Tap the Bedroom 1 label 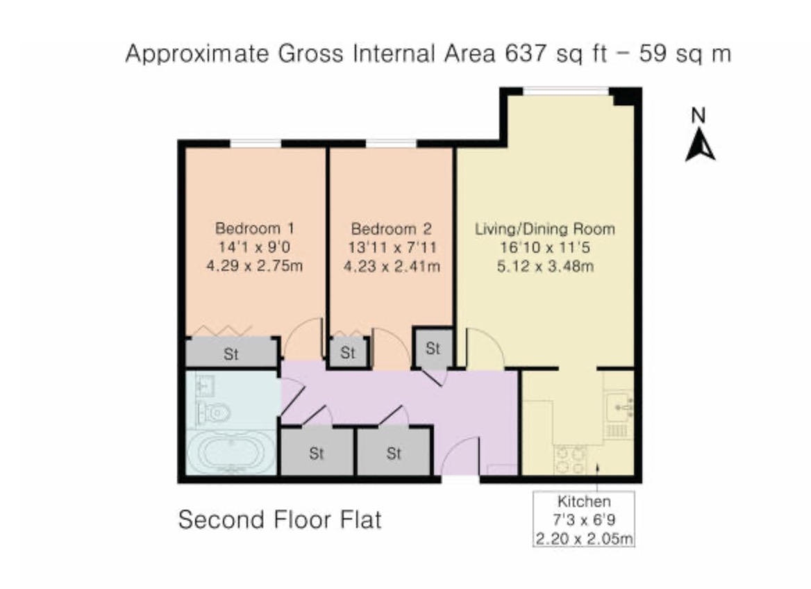pos(255,228)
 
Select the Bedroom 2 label pos(392,228)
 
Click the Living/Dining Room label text pos(544,229)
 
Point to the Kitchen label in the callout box pos(584,501)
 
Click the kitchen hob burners pos(570,460)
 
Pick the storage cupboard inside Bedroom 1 pos(231,353)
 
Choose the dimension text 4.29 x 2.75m pos(255,265)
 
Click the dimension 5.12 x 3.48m pos(544,265)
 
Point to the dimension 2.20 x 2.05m pos(584,537)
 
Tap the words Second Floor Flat pos(280,519)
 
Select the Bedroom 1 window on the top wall pos(256,144)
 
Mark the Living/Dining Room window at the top pos(566,90)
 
